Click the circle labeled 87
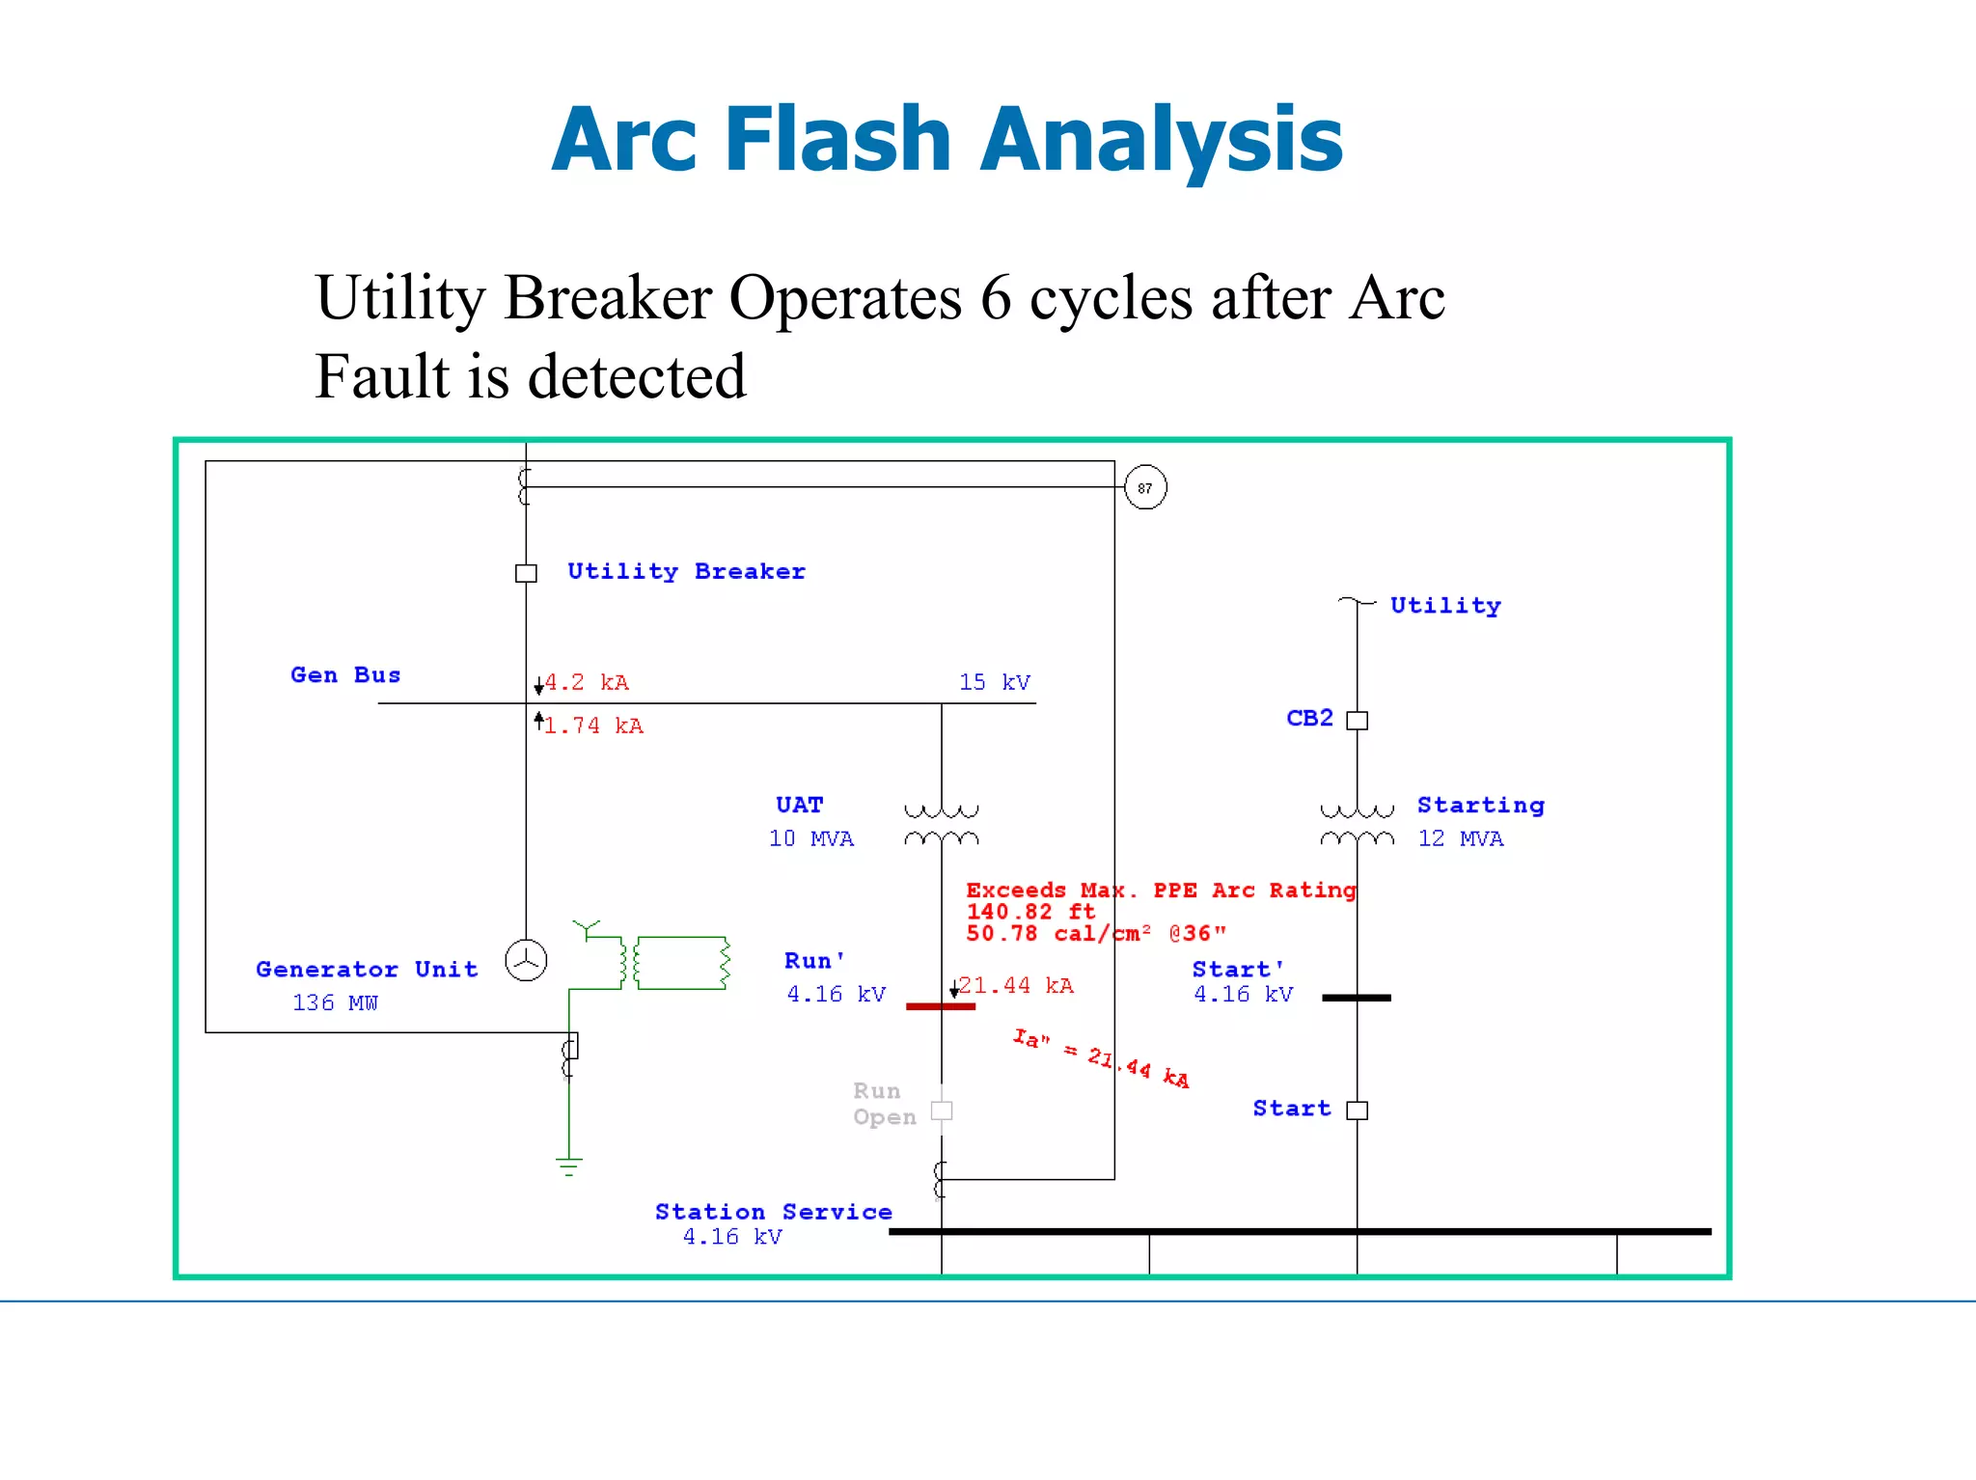[x=1145, y=487]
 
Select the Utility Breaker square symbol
[x=526, y=573]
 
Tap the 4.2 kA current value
[x=587, y=683]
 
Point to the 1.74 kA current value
[x=592, y=726]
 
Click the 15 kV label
[x=995, y=682]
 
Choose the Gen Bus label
[x=345, y=675]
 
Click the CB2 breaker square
[x=1357, y=720]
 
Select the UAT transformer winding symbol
[x=942, y=825]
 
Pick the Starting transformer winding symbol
[x=1357, y=825]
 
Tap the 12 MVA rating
[x=1460, y=838]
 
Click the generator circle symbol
[x=526, y=961]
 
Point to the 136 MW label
[x=335, y=1002]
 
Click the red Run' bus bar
[x=941, y=1006]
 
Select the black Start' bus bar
[x=1357, y=998]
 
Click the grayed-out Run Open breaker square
[x=942, y=1110]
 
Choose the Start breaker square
[x=1357, y=1110]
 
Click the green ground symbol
[x=569, y=1166]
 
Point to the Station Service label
[x=773, y=1212]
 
